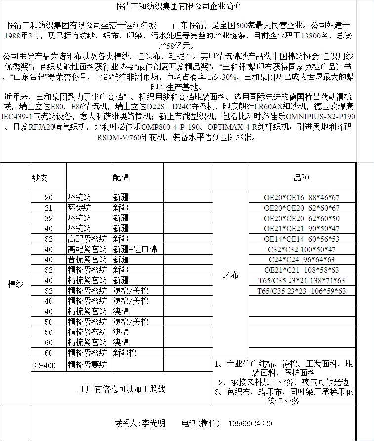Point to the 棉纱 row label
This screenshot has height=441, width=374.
(x=15, y=284)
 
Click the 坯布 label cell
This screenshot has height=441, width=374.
(x=231, y=275)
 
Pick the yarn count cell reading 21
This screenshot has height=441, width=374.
(x=48, y=208)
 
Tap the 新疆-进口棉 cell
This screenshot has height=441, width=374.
(x=135, y=249)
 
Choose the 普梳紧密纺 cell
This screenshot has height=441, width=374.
(x=87, y=259)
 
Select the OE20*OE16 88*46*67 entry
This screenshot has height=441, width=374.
(x=301, y=197)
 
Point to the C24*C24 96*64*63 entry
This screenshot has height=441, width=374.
(x=301, y=259)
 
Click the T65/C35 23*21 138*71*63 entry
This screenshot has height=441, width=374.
(x=301, y=280)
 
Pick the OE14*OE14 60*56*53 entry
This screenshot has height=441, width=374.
(x=301, y=239)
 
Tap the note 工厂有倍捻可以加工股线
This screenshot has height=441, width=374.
(x=122, y=389)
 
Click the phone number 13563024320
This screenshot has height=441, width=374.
(x=250, y=423)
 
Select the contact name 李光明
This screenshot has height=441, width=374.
(x=153, y=423)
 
